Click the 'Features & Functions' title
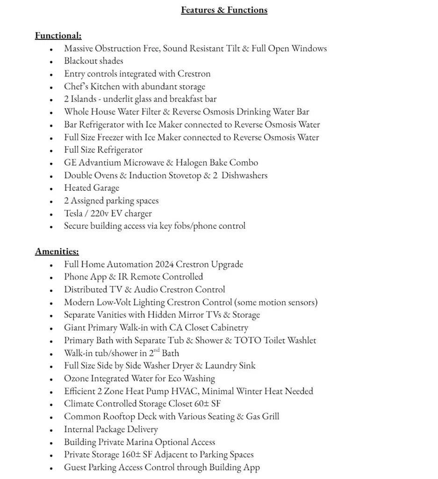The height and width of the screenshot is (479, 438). [x=224, y=10]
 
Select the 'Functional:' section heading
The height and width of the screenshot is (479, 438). [x=58, y=36]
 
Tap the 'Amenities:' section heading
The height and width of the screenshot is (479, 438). [x=57, y=252]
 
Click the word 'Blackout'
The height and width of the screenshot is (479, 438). [x=80, y=61]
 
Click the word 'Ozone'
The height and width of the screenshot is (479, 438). [x=76, y=378]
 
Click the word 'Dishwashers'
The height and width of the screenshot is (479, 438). [x=244, y=175]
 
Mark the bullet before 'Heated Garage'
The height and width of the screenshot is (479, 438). [x=51, y=189]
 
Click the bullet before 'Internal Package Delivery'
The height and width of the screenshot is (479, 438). [x=51, y=430]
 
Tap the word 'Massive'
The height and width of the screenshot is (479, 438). [x=79, y=48]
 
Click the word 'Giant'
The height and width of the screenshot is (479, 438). [x=75, y=327]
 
